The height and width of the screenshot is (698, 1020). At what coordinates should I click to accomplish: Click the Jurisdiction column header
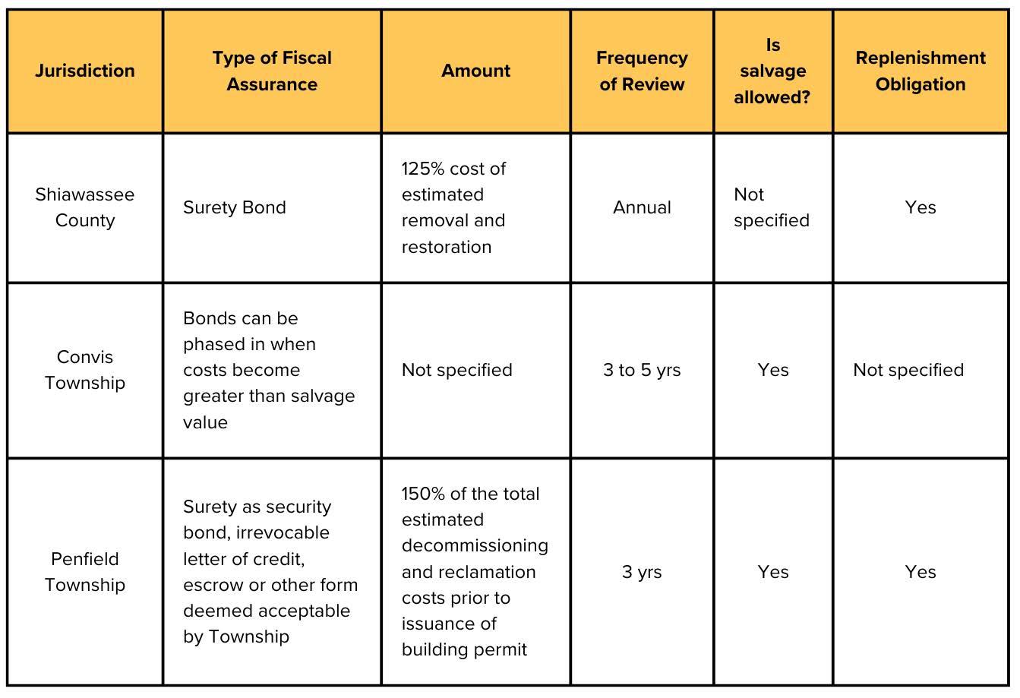(x=85, y=71)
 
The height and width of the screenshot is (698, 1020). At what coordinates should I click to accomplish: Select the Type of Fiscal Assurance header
(x=272, y=71)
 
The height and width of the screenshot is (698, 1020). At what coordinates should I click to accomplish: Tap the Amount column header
(x=476, y=71)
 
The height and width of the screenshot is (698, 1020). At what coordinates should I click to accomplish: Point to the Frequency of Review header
(x=642, y=71)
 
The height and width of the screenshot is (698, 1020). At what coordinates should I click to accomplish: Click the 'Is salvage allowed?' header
(x=772, y=71)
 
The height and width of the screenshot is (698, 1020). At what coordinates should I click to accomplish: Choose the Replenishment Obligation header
(x=921, y=71)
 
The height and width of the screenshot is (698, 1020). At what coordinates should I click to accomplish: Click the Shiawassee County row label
(x=85, y=207)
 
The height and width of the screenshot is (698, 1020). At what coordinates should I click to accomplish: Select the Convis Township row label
(x=85, y=370)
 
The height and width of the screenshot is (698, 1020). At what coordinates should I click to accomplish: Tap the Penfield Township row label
(x=85, y=572)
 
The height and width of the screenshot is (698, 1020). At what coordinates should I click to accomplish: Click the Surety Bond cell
(x=235, y=207)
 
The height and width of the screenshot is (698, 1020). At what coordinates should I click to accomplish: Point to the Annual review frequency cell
(x=642, y=207)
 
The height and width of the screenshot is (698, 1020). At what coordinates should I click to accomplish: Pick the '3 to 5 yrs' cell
(x=642, y=370)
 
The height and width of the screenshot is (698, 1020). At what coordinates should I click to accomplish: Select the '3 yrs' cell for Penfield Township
(x=642, y=572)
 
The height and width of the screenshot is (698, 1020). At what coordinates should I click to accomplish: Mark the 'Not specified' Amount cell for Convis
(x=457, y=370)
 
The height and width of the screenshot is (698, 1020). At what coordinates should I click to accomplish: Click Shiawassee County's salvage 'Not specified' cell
(x=771, y=207)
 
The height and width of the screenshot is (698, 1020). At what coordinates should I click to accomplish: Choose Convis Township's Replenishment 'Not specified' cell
(x=908, y=370)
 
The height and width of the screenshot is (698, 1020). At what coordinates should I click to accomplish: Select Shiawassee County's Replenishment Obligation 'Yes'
(x=921, y=207)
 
